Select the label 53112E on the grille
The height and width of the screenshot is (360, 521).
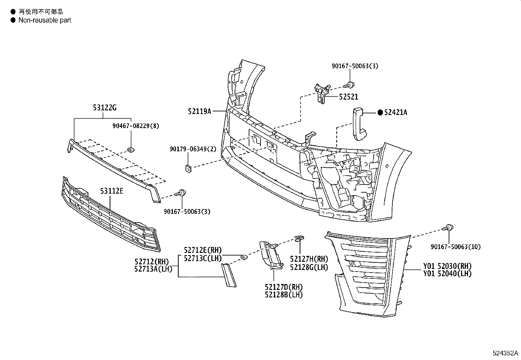(x=112, y=191)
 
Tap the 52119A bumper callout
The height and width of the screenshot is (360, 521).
(x=199, y=111)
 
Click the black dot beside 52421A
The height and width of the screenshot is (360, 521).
(x=380, y=112)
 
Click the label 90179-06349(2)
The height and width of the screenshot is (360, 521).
(x=193, y=149)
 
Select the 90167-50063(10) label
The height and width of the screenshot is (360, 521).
(x=456, y=247)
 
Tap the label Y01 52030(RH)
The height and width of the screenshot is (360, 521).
(x=447, y=266)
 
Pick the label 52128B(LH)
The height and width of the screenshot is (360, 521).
(x=284, y=294)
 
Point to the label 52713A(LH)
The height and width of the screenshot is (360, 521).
(x=153, y=269)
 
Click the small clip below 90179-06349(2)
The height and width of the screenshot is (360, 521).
(x=189, y=169)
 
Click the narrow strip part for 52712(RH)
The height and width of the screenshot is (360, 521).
(x=229, y=275)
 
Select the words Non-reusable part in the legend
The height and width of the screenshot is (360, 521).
(x=45, y=20)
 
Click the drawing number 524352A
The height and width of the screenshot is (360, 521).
(x=506, y=353)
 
